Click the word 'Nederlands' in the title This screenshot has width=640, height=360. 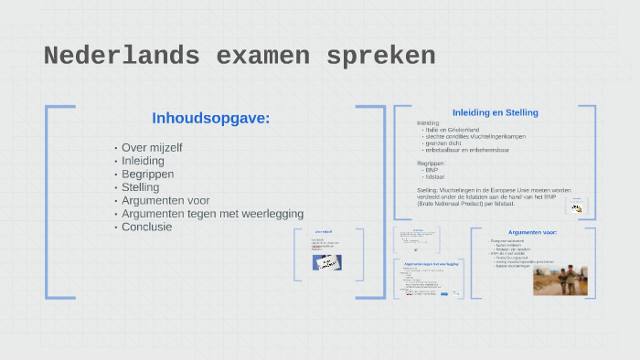point(122,57)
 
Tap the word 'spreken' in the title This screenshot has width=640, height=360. point(385,57)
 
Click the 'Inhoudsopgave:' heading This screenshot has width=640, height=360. point(210,118)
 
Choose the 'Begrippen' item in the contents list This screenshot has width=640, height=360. point(147,174)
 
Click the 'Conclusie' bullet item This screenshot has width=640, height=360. point(146,227)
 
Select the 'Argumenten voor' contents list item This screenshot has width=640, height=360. point(165,200)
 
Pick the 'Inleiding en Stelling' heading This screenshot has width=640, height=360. point(496,112)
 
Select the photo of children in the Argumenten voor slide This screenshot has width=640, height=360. point(560,280)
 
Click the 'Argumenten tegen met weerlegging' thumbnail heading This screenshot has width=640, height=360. point(431,263)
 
